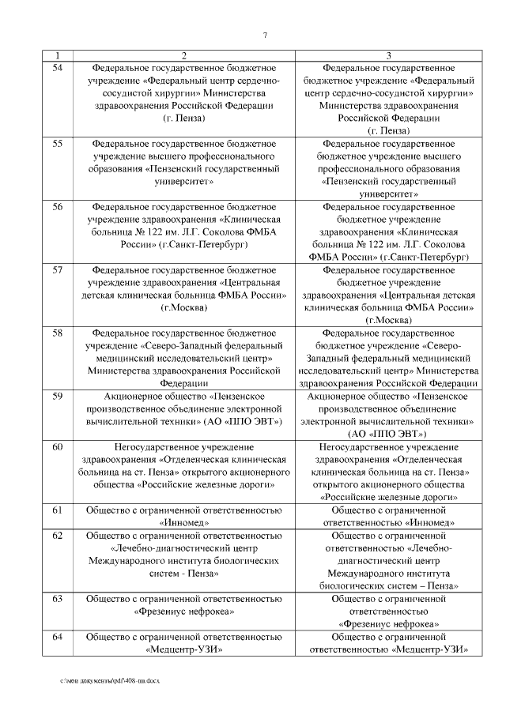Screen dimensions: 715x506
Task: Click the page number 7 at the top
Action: coord(265,34)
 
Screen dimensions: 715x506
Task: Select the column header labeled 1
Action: coord(57,55)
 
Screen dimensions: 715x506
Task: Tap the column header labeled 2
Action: coord(184,55)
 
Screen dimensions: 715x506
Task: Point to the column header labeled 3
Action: coord(389,55)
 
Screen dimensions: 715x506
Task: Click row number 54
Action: coord(57,68)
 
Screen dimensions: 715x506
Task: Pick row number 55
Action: coord(57,144)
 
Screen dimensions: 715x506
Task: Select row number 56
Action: coord(57,207)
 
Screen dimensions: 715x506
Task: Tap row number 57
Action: coord(57,270)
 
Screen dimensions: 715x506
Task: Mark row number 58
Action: coord(57,333)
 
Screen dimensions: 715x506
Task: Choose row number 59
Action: coord(57,396)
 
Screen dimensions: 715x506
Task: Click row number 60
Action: coord(57,447)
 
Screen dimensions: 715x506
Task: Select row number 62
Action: coord(57,536)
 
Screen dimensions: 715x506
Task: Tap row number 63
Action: coord(57,598)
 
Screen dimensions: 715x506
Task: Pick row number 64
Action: coord(57,636)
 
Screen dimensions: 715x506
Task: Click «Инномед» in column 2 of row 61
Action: coord(184,522)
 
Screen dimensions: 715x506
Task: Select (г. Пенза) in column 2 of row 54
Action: coord(184,118)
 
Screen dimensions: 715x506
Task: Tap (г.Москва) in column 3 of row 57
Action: coord(389,320)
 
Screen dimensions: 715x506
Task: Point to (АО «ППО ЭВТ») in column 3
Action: coord(388,434)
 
